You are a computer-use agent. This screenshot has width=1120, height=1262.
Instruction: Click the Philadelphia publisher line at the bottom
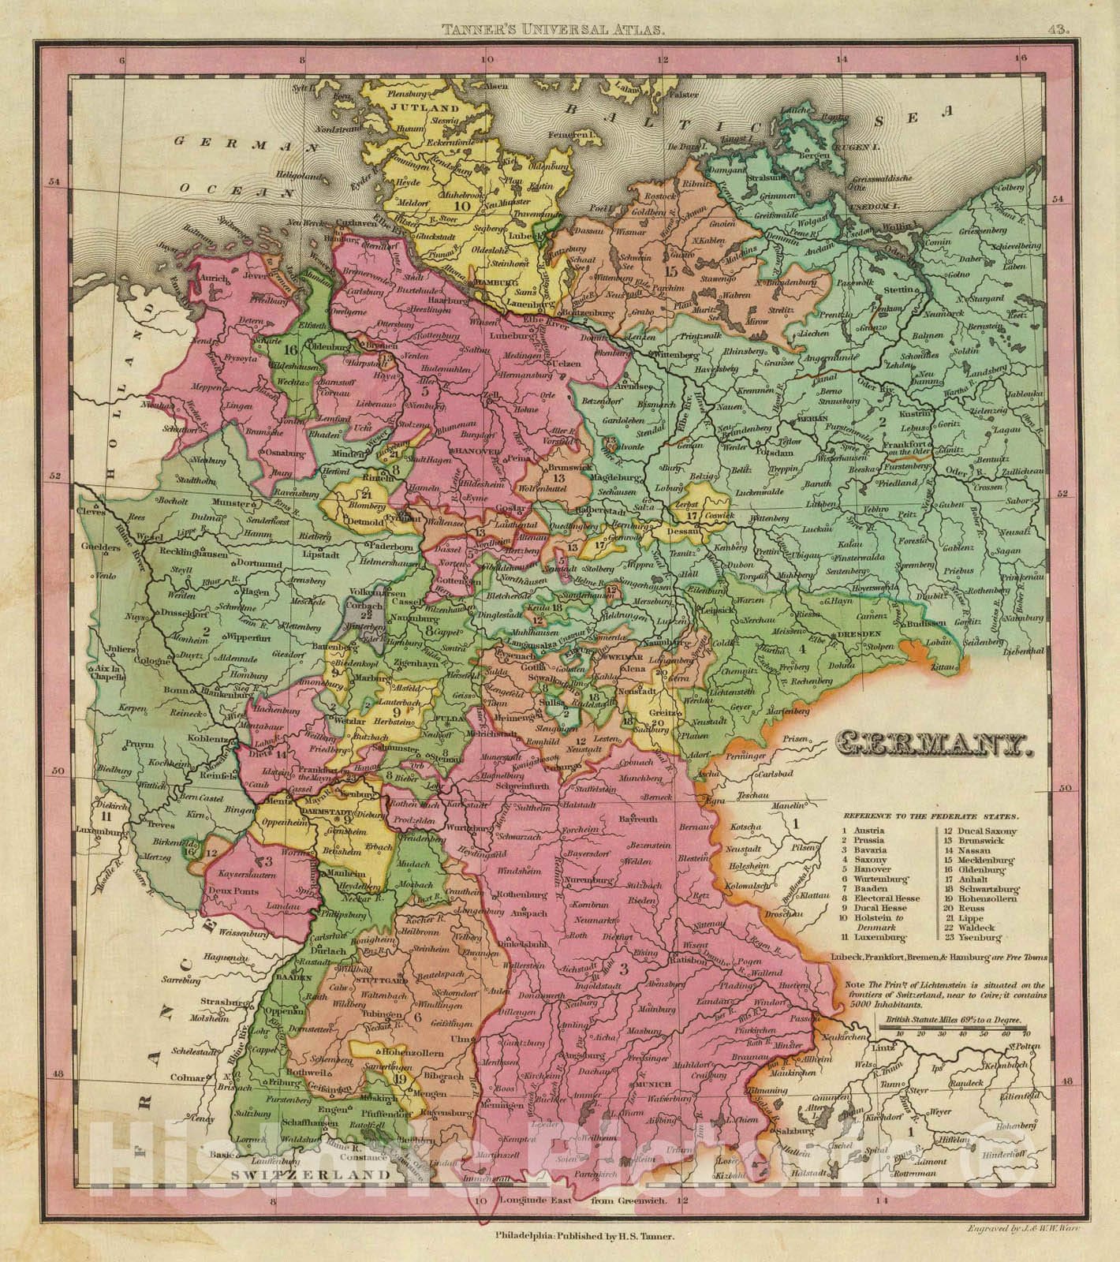pos(583,1238)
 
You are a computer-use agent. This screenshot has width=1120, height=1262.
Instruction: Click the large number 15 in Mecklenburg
pos(672,271)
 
